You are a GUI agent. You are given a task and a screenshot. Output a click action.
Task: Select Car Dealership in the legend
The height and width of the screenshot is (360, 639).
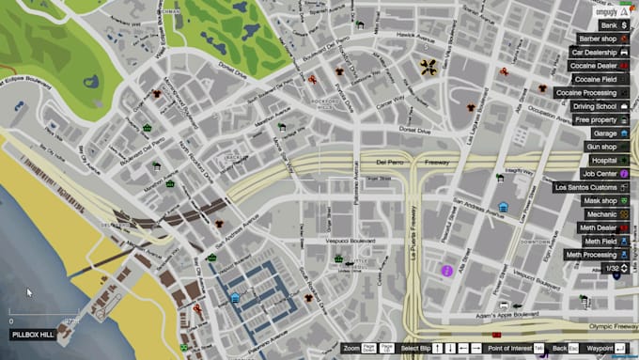[597, 53]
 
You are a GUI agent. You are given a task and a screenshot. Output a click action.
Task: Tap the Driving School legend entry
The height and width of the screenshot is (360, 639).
[595, 106]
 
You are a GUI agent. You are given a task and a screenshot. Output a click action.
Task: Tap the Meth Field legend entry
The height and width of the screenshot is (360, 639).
[600, 242]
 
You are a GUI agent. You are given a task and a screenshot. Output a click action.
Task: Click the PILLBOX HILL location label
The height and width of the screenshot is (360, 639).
[31, 334]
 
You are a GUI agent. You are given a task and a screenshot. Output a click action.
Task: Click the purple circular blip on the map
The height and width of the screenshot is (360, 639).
[448, 271]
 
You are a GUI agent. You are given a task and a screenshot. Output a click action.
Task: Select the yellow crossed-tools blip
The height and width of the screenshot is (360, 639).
[429, 67]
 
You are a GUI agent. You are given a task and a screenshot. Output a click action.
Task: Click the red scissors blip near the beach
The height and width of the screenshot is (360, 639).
[197, 306]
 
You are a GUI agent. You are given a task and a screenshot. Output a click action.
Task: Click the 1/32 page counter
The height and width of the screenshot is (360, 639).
[612, 269]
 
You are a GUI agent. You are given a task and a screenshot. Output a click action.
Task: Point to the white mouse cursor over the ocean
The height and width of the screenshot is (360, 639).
[28, 292]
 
